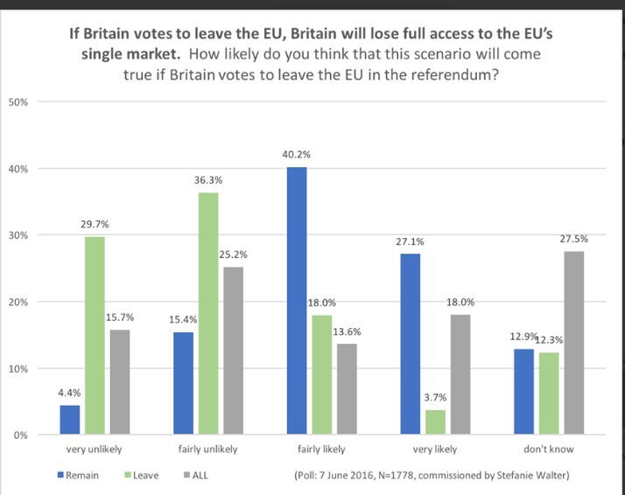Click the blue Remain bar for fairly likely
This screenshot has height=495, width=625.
pyautogui.click(x=297, y=301)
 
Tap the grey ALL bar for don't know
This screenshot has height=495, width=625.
pyautogui.click(x=573, y=343)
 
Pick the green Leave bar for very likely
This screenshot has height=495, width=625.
pyautogui.click(x=435, y=422)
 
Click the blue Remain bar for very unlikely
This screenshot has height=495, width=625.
pyautogui.click(x=70, y=420)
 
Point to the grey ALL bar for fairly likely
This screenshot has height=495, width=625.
pyautogui.click(x=348, y=389)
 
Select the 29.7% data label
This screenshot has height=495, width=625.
pyautogui.click(x=95, y=224)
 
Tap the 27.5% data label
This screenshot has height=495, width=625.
pyautogui.click(x=573, y=239)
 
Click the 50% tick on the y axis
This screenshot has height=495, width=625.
pyautogui.click(x=18, y=102)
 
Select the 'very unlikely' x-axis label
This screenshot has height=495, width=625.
pyautogui.click(x=95, y=450)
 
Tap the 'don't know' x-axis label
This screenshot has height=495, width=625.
pyautogui.click(x=548, y=450)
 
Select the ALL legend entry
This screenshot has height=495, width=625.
pyautogui.click(x=197, y=476)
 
